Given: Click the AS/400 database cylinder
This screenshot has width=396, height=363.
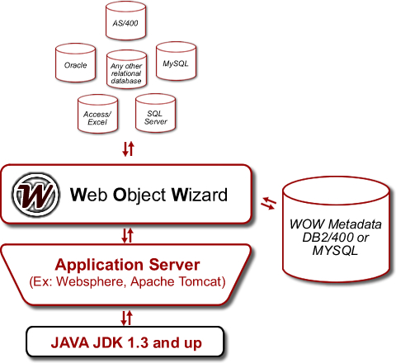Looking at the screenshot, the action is tap(125, 21).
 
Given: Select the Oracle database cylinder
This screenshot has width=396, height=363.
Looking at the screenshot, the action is tap(76, 63).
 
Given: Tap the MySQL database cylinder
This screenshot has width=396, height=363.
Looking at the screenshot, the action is tap(176, 61).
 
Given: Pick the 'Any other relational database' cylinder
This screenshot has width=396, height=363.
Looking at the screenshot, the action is tap(126, 69).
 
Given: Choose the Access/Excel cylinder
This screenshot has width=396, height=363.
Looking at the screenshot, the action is tap(98, 114).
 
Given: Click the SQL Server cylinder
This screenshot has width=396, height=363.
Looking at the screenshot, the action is tap(156, 113).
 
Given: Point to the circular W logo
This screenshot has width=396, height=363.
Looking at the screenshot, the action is tap(35, 195).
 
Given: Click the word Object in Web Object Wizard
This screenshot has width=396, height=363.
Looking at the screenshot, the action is tap(139, 196).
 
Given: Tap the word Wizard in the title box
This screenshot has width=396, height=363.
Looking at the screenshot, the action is tap(200, 195).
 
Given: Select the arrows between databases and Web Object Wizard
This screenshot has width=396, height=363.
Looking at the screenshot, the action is tap(128, 148).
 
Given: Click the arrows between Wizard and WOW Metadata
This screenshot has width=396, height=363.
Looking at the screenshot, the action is tap(269, 203).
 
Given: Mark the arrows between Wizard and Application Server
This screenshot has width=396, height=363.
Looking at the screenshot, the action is tap(128, 235).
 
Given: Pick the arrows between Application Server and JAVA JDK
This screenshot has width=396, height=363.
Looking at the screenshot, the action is tap(127, 318).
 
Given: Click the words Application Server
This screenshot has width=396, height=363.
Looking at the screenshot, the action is tap(127, 265).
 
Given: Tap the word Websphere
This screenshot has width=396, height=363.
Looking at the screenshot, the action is tap(91, 281).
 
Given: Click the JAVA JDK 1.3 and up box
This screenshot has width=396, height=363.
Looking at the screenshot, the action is tap(125, 342).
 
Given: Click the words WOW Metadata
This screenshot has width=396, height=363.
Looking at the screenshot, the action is tap(336, 224).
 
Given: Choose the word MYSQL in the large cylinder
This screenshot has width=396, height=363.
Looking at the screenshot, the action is tap(335, 251).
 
